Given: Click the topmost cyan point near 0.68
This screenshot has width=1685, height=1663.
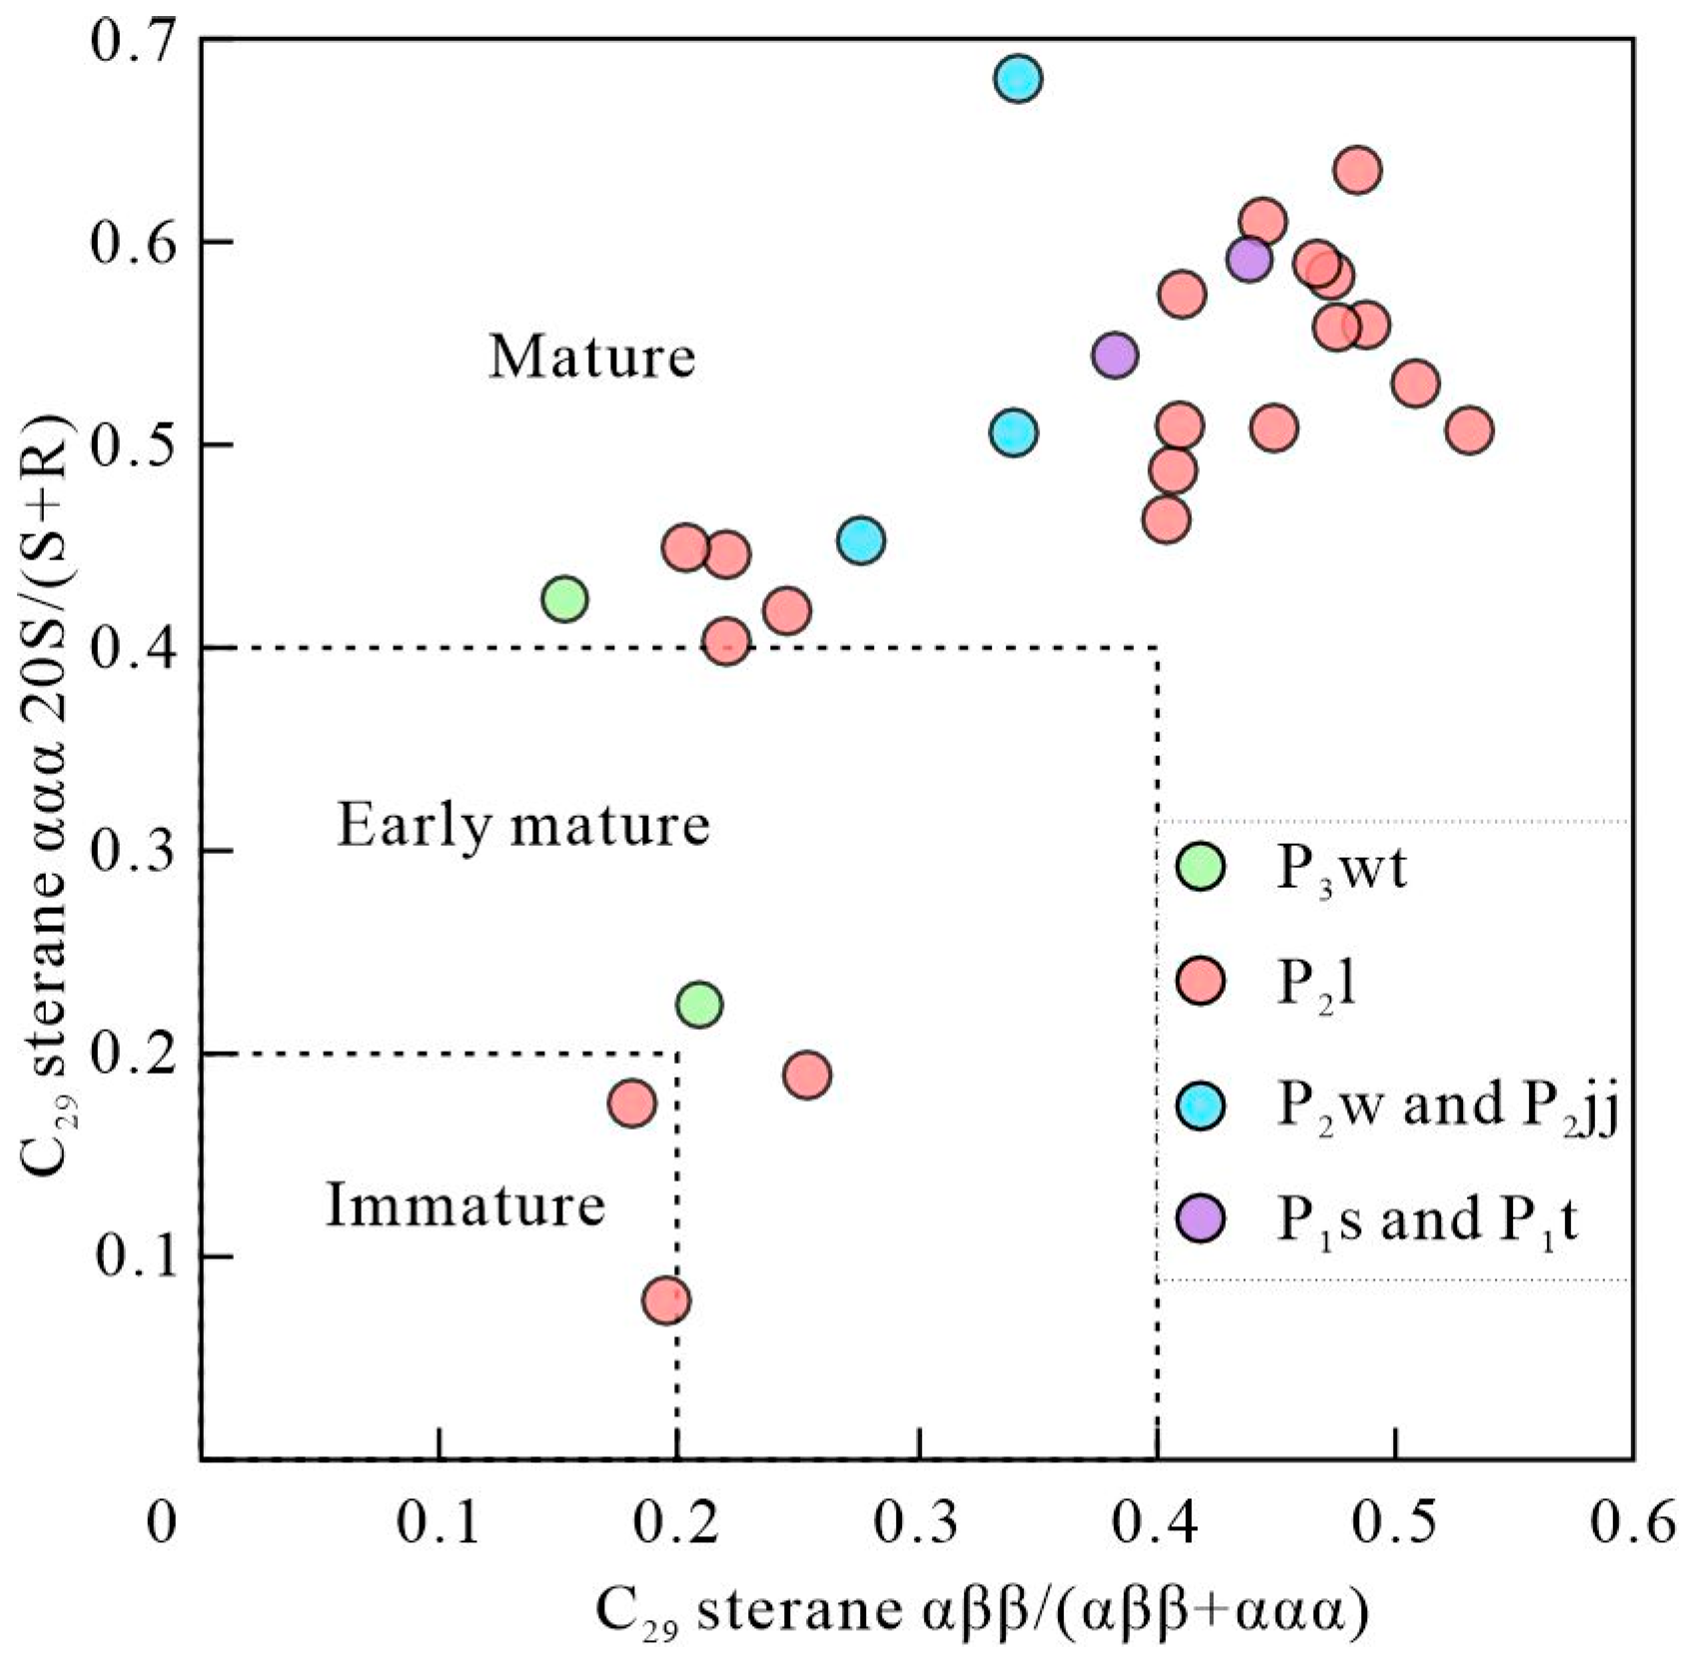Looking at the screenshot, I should [x=1017, y=78].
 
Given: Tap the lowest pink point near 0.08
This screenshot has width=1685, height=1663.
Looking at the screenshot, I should [x=666, y=1299].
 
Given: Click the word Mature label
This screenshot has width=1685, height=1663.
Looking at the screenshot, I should [x=591, y=357].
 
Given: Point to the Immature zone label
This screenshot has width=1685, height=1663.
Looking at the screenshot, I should [x=465, y=1205].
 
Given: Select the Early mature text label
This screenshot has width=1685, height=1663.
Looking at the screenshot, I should [x=522, y=825].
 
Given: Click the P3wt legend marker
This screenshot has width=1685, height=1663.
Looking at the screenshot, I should [x=1200, y=866].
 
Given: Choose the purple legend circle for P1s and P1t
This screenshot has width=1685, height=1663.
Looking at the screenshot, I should [x=1200, y=1218].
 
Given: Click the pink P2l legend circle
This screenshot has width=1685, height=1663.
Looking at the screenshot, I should [x=1200, y=981].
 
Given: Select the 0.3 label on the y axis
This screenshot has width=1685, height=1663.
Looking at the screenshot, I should [x=131, y=851].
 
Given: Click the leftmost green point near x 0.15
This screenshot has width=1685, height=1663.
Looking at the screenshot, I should [x=564, y=599].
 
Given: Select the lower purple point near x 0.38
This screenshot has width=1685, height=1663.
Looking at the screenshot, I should [x=1115, y=355].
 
